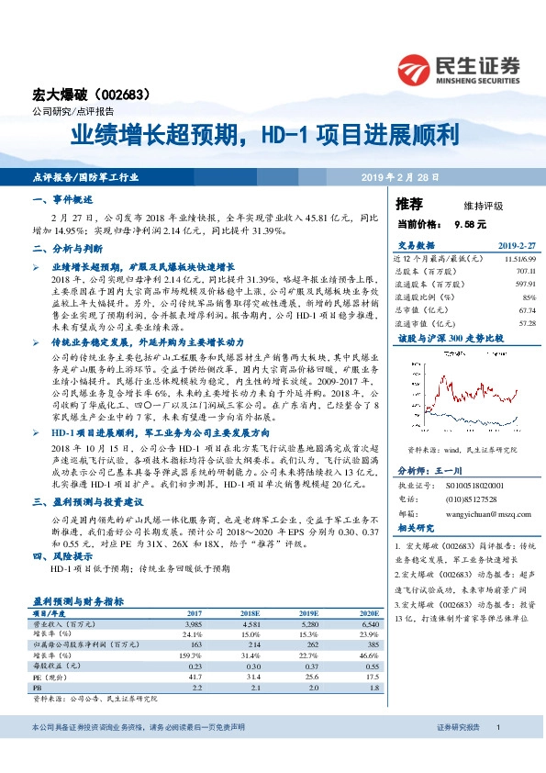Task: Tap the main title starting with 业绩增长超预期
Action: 265,136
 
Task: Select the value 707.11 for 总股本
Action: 524,272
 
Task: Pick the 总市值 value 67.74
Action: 526,310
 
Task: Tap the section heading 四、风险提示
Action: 61,556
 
